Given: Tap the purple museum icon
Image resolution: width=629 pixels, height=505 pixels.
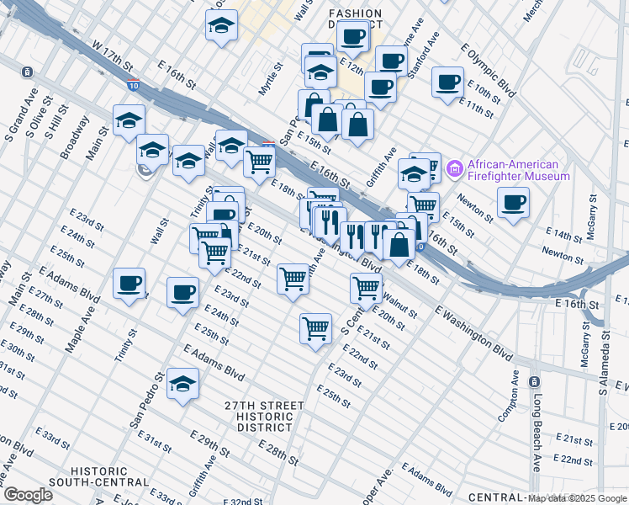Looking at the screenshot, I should click(x=456, y=169).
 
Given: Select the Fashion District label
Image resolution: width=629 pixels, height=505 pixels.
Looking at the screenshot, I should click(x=355, y=19).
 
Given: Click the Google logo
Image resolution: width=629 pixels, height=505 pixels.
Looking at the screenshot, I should click(x=29, y=495).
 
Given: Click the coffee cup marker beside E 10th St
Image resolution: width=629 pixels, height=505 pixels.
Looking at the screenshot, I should click(x=447, y=82).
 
